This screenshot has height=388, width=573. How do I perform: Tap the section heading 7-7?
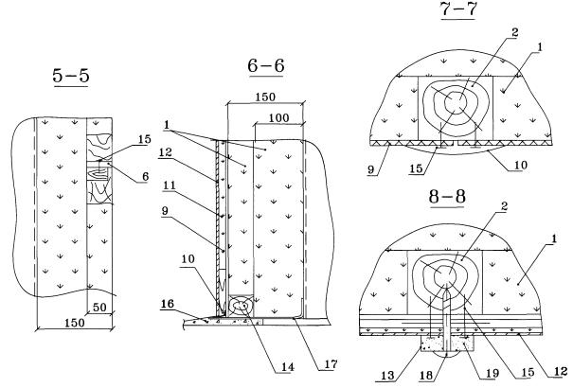(x=460, y=11)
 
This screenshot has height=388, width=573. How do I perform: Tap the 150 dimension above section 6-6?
(x=262, y=97)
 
